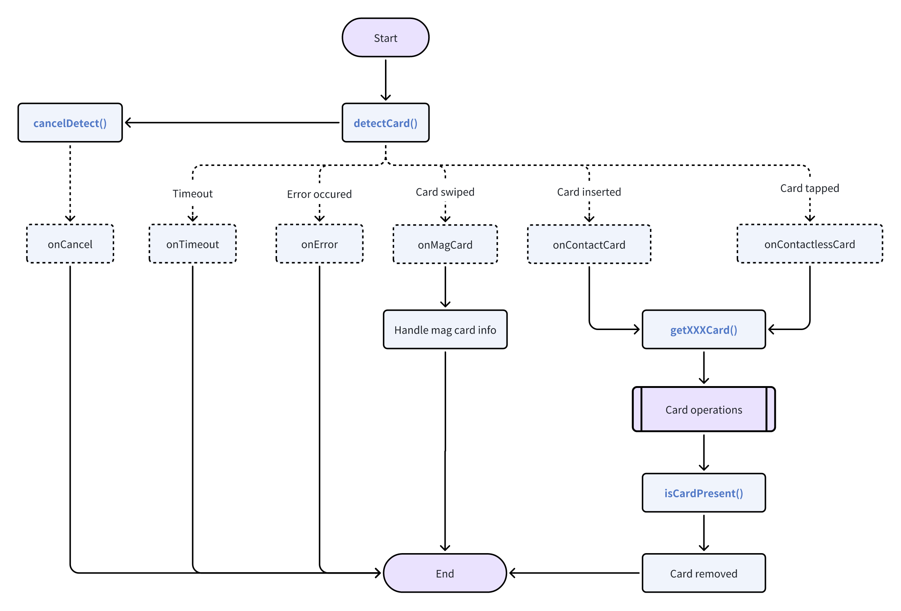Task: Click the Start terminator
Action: (385, 38)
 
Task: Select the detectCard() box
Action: (385, 123)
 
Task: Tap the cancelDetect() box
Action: (70, 123)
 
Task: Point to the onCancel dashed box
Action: (70, 244)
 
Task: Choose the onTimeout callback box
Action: (193, 244)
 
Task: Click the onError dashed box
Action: (319, 244)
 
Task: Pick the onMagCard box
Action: (445, 244)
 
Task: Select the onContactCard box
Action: (589, 244)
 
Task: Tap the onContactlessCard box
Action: (810, 244)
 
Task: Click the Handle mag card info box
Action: (445, 329)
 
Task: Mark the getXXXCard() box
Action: (704, 329)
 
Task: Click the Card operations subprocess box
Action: (704, 409)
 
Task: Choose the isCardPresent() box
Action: (704, 493)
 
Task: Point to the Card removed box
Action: (704, 573)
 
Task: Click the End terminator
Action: (445, 573)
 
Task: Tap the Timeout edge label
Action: (193, 193)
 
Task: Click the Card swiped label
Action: (445, 192)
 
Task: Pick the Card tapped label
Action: (810, 188)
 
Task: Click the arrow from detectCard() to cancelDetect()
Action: (232, 123)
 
